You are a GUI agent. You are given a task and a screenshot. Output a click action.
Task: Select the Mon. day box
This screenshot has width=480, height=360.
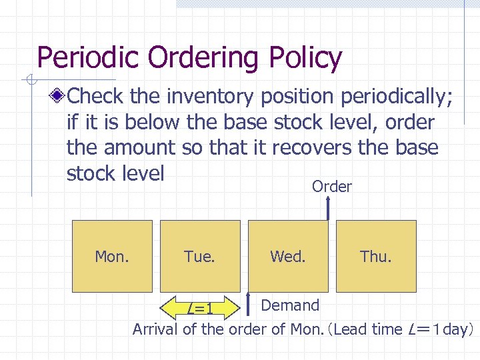pos(112,256)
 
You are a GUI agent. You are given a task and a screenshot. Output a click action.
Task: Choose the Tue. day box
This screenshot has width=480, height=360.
pos(200,256)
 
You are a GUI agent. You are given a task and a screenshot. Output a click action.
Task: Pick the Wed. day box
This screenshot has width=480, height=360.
pos(288,256)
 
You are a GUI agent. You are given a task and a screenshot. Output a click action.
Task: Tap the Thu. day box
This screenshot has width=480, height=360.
pos(376,256)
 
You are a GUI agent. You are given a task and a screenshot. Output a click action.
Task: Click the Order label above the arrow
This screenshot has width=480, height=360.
pos(332,187)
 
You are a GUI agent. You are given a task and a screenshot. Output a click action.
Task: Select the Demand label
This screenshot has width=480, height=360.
pos(290,305)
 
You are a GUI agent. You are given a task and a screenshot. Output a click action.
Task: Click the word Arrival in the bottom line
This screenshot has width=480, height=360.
pos(157,329)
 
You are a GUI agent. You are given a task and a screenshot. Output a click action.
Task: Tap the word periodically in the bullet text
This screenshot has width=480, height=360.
pos(397,97)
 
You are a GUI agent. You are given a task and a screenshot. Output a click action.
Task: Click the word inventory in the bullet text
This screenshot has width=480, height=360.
pos(210,97)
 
